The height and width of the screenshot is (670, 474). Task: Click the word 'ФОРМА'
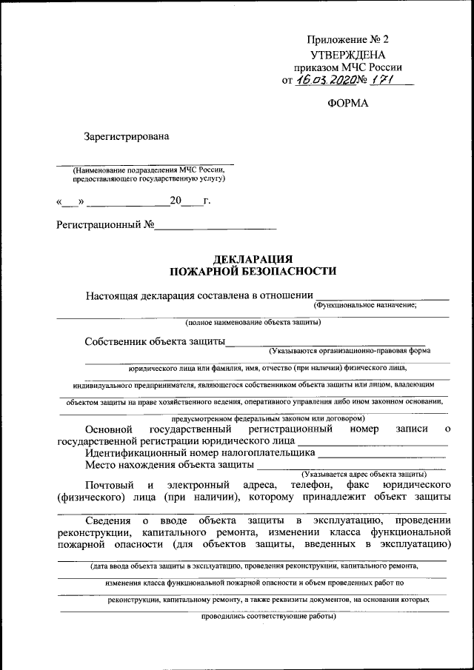click(x=347, y=104)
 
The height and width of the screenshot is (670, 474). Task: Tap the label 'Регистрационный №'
click(x=105, y=224)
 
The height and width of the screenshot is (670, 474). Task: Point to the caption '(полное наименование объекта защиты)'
click(x=253, y=322)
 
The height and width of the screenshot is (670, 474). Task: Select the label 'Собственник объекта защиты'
click(x=154, y=341)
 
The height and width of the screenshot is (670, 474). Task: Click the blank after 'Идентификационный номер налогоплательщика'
click(x=382, y=453)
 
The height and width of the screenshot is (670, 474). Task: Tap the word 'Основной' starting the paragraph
click(x=109, y=429)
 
